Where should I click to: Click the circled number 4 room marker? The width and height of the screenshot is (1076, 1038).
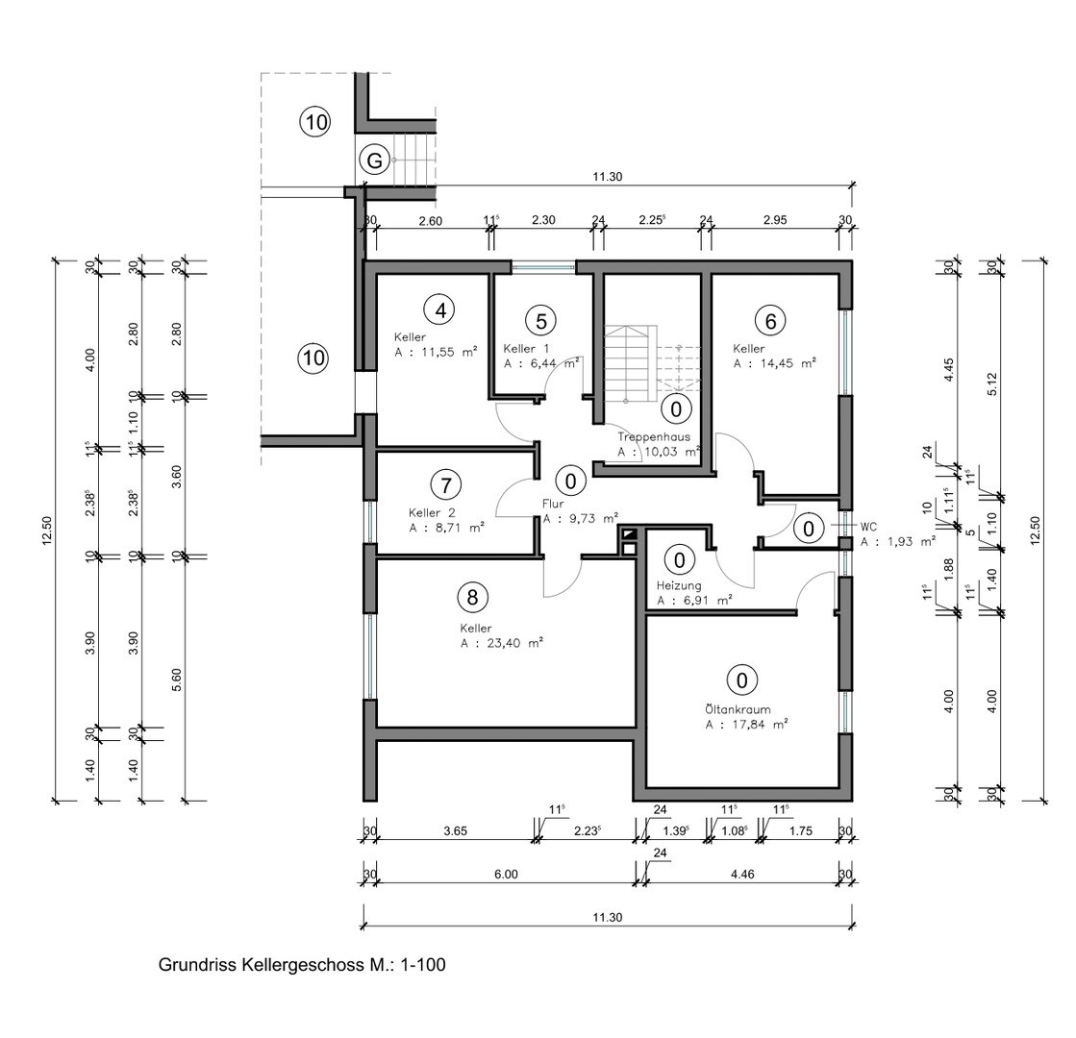(x=440, y=310)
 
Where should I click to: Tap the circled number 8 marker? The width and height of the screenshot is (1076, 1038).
(x=472, y=597)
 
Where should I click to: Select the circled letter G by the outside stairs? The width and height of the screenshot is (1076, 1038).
(x=375, y=161)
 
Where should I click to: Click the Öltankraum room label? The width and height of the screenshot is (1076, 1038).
(x=738, y=709)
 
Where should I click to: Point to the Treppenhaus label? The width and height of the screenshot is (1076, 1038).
(x=653, y=436)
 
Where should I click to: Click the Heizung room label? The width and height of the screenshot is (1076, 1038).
(x=679, y=585)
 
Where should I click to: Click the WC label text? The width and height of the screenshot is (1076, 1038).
(x=868, y=527)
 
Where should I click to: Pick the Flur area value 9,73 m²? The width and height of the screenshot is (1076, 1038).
(x=588, y=518)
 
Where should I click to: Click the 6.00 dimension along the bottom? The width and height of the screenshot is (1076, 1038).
(x=506, y=874)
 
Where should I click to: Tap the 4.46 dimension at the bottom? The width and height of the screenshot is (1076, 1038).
(x=742, y=874)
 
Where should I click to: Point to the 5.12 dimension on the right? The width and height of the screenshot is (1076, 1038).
(x=992, y=383)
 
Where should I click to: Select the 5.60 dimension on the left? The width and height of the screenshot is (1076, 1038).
(x=176, y=680)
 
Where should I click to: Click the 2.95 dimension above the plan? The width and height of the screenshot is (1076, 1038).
(x=775, y=220)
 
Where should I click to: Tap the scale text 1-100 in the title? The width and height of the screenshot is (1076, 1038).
(x=422, y=965)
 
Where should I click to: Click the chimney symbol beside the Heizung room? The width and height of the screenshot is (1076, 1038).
(x=627, y=540)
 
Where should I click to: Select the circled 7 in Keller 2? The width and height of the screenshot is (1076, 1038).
(x=446, y=485)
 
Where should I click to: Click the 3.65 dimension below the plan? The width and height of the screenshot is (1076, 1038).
(x=455, y=830)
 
